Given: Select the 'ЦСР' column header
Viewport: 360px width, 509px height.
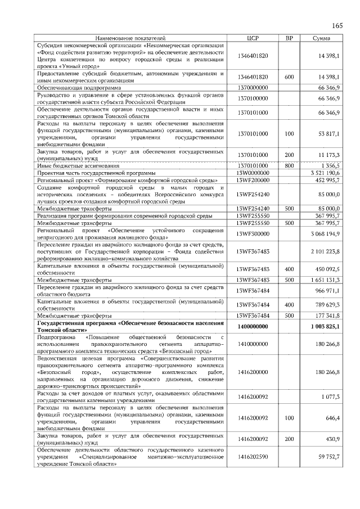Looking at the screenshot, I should [253, 38].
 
